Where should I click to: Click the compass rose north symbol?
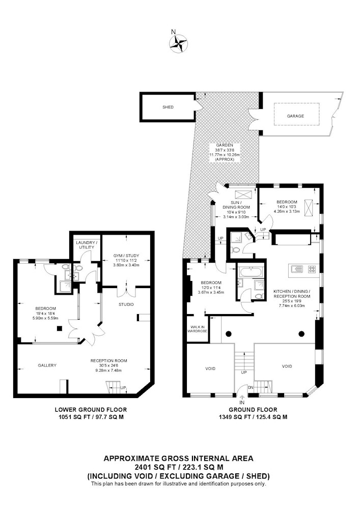(x=178, y=43)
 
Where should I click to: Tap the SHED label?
(x=168, y=107)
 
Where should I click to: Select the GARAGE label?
(x=295, y=116)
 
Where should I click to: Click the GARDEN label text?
(x=224, y=145)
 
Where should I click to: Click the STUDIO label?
(x=126, y=304)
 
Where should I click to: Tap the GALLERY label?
(x=47, y=365)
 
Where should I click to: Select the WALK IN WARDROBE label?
(x=198, y=329)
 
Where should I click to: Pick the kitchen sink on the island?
(x=297, y=269)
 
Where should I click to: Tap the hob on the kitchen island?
(x=312, y=269)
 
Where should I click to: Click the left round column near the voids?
(x=228, y=333)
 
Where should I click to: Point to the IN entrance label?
(x=242, y=403)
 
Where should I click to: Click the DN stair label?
(x=251, y=387)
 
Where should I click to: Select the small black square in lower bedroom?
(x=60, y=328)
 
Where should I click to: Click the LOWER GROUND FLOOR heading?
(x=91, y=410)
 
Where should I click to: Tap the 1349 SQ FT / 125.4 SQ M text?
(x=253, y=417)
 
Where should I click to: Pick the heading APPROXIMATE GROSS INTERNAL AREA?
(x=178, y=459)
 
